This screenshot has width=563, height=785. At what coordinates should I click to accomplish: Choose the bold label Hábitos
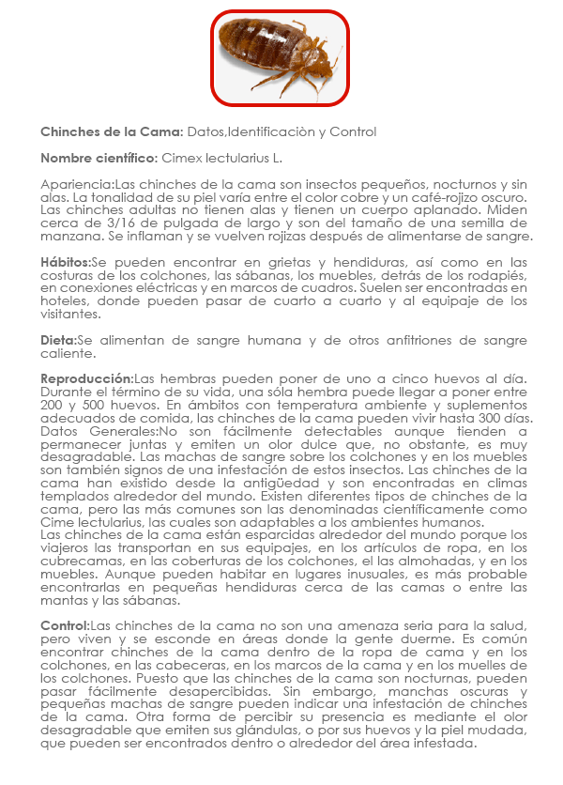pos(66,262)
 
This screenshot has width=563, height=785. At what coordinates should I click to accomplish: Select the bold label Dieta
pos(58,340)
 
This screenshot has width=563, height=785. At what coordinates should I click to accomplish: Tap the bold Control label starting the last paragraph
pos(65,626)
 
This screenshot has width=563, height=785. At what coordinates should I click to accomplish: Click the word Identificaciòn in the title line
pos(270,132)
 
